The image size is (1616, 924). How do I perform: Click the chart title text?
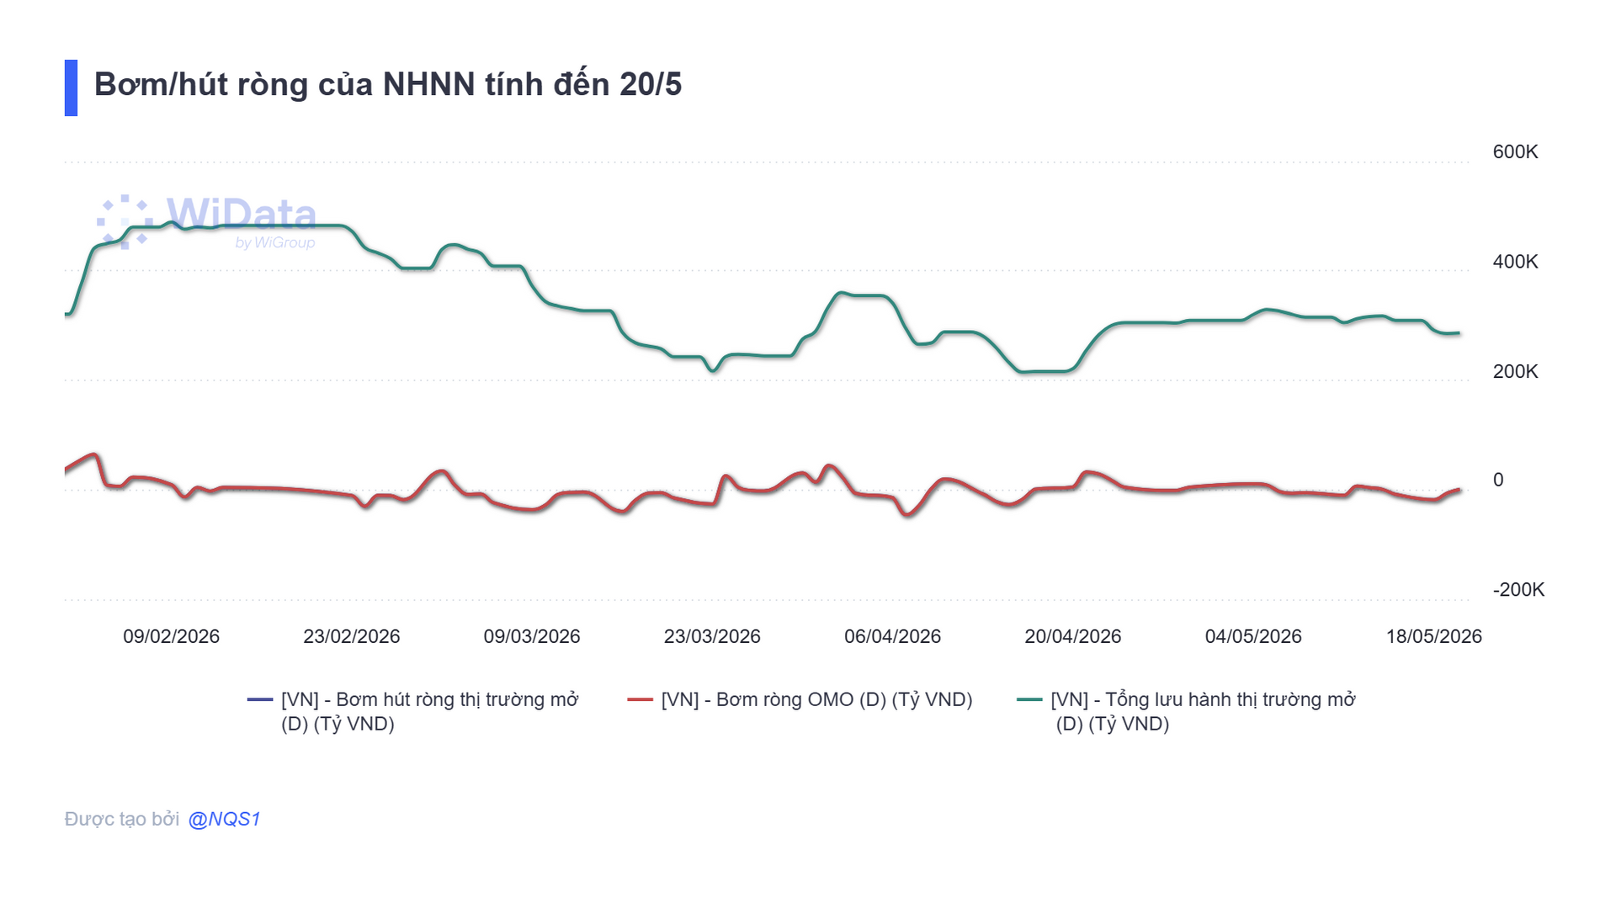coord(387,85)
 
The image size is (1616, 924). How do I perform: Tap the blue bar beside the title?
coord(71,88)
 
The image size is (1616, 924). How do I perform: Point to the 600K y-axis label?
coord(1515,151)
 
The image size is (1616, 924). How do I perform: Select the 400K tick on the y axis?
coord(1515,262)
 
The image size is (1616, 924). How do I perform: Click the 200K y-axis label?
coord(1515,371)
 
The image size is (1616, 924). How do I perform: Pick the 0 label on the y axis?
coord(1498,480)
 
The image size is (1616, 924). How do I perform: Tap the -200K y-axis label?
coord(1518,589)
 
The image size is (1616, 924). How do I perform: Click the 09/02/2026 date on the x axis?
coord(171,636)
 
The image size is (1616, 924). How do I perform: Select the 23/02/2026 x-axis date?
coord(352,636)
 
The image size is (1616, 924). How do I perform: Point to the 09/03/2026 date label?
coord(532,636)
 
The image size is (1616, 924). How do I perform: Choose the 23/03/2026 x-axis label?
coord(712,636)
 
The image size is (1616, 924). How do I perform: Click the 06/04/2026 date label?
coord(892,636)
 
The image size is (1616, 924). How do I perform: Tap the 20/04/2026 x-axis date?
coord(1073,636)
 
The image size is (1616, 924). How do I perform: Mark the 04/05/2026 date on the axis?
coord(1253,636)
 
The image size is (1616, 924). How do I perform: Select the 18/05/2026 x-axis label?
coord(1434,636)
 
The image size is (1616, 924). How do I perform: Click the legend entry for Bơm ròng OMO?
coord(800,699)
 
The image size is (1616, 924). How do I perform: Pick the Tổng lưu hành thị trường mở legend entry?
coord(1187,711)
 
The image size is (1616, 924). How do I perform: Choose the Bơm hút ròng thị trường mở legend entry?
coord(412,711)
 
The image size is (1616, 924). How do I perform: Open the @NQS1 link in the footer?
coord(225,819)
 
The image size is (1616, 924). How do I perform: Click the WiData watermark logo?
coord(207,221)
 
